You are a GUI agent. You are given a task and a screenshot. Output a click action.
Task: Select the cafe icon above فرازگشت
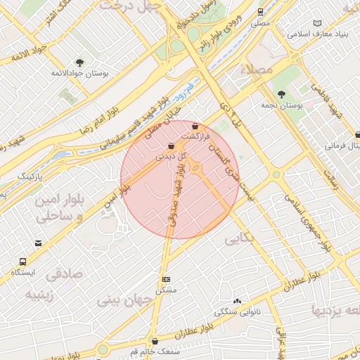195,127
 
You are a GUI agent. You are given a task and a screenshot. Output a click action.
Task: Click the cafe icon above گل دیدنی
171,146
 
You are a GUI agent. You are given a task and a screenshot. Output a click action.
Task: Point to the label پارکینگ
30,174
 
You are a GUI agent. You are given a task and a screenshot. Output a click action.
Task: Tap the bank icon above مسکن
166,279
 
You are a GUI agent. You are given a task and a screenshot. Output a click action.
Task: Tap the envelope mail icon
38,243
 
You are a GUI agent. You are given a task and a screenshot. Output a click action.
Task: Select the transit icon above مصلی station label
261,12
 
